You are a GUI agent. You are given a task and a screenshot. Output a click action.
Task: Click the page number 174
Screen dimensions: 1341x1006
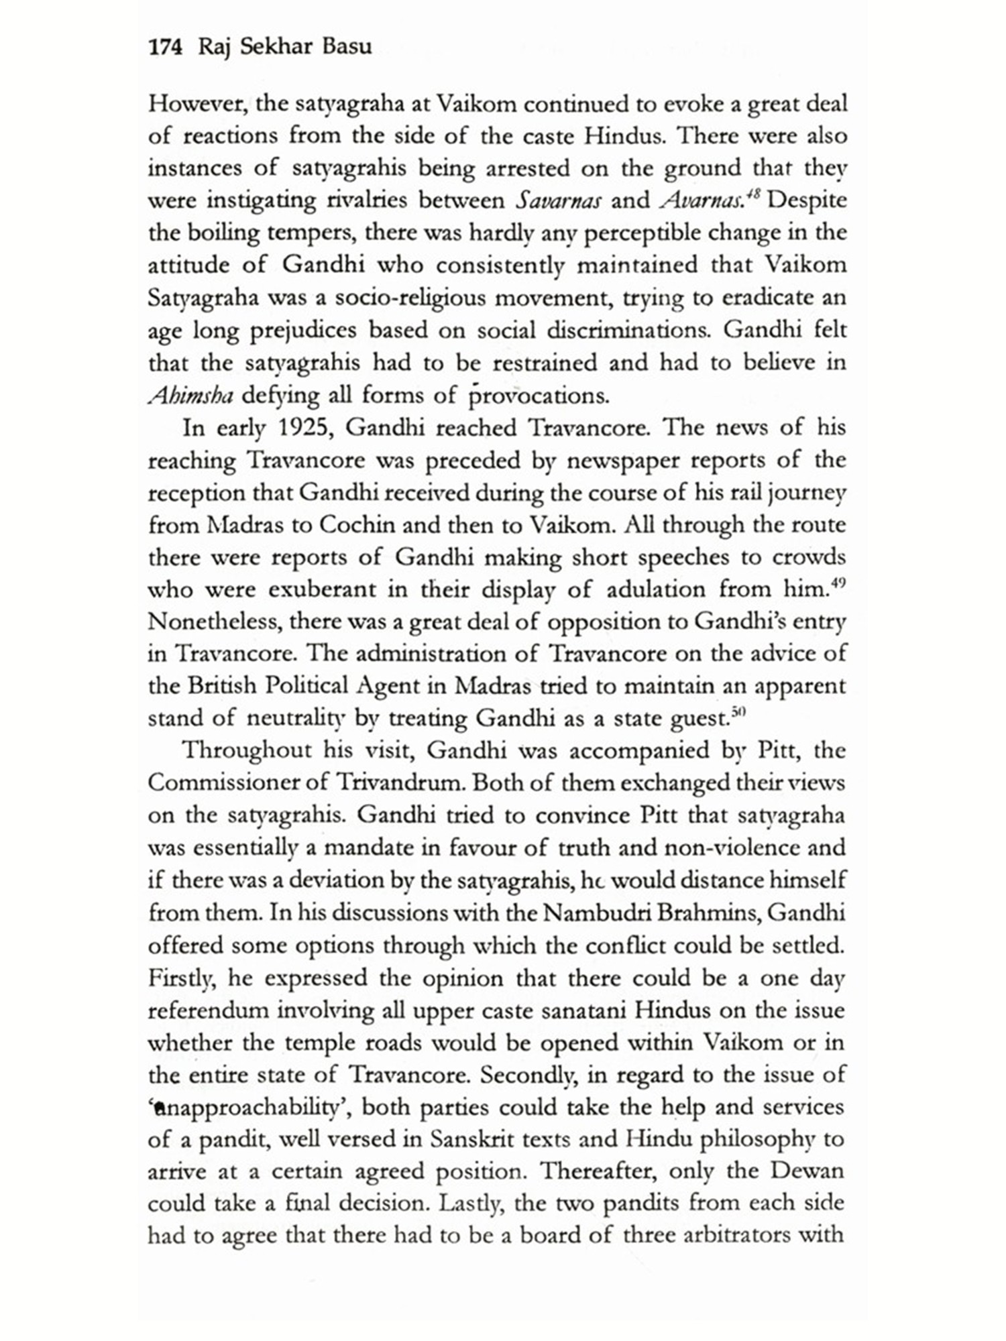[165, 48]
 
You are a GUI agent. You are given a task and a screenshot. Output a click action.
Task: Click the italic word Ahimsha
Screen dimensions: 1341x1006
[190, 396]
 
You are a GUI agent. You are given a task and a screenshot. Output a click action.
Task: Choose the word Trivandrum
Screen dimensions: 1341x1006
[401, 782]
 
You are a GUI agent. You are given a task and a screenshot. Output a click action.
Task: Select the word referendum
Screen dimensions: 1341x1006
[207, 1010]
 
